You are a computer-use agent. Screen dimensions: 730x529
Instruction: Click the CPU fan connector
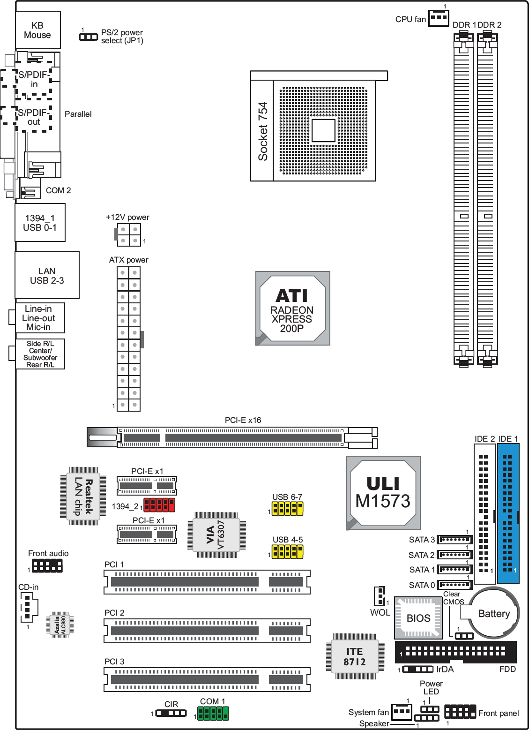[439, 18]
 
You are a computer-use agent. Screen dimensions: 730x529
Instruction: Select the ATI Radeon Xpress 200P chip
[292, 309]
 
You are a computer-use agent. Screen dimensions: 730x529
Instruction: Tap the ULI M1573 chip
[383, 493]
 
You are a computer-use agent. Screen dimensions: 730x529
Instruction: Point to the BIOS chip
[418, 618]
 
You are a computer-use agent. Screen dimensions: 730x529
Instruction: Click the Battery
[493, 613]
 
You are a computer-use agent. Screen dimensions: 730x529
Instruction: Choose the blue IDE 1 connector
[508, 513]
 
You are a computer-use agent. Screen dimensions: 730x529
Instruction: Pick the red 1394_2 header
[159, 505]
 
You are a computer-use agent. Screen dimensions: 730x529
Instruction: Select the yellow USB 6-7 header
[288, 508]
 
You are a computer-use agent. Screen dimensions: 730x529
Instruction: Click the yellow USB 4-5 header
[288, 551]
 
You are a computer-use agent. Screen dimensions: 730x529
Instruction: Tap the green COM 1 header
[213, 713]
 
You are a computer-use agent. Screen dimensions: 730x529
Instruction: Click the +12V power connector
[128, 235]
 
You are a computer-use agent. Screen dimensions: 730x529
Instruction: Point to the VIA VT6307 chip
[216, 535]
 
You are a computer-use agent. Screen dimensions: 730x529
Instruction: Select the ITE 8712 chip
[355, 656]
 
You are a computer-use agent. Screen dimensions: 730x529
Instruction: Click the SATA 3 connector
[454, 540]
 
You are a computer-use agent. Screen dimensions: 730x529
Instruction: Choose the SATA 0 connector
[454, 585]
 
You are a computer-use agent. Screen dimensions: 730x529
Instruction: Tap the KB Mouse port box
[37, 30]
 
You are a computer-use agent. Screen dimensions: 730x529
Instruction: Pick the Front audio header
[47, 565]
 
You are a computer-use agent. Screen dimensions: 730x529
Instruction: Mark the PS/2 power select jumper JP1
[89, 37]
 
